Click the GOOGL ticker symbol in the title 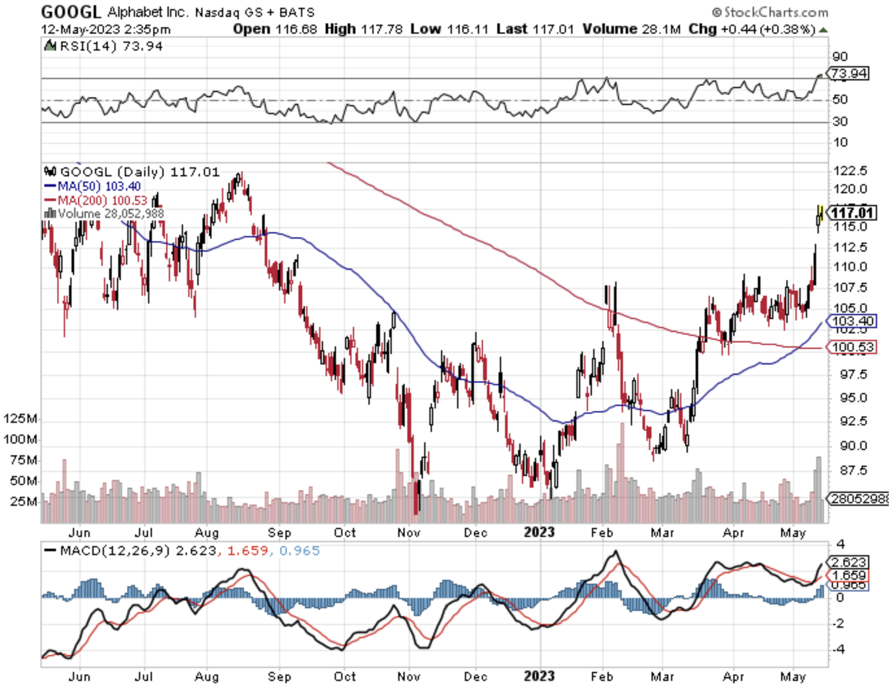click(x=71, y=11)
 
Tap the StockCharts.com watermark click(x=770, y=12)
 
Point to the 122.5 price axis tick click(x=850, y=171)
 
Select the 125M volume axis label click(x=20, y=418)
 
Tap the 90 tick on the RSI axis click(x=840, y=57)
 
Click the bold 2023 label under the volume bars click(x=539, y=533)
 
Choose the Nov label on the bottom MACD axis click(x=409, y=676)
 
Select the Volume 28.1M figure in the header click(x=631, y=29)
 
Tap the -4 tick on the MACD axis click(x=838, y=650)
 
